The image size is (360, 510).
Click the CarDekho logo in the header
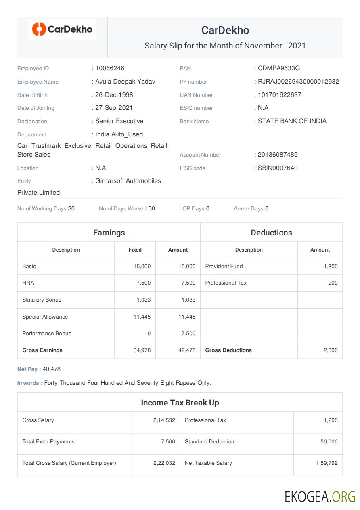pos(62,29)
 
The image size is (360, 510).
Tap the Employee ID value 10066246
pos(110,68)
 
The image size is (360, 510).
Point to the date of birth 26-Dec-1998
pos(114,95)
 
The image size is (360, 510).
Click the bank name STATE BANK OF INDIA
pos(292,121)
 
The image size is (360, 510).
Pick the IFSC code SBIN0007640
pos(278,168)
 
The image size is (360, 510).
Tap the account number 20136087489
pos(278,155)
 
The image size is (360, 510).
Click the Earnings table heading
pos(109,233)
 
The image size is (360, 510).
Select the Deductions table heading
pos(271,233)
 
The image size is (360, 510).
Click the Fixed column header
pos(135,250)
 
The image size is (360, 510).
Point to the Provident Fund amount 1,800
pos(331,267)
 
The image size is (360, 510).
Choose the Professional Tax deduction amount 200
pos(333,283)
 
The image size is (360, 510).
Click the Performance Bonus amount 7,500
pos(188,334)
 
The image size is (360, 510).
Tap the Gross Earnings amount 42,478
pos(187,350)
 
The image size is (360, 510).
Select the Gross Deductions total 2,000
pos(331,350)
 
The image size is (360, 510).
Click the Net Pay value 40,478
pos(52,369)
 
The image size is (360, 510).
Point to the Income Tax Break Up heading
pos(180,403)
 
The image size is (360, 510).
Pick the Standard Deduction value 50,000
pos(329,442)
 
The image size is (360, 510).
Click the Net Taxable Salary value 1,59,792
pos(327,463)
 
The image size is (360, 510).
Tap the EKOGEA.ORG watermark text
pos(320,496)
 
